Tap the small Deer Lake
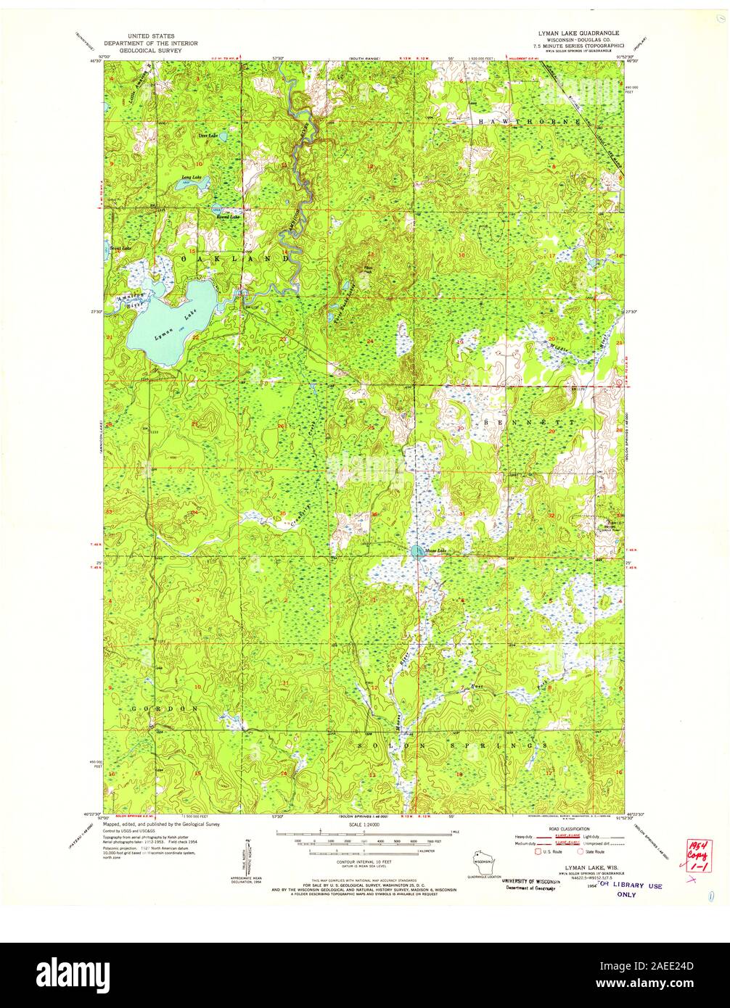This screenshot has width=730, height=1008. [223, 136]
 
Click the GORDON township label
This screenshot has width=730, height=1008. [166, 708]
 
